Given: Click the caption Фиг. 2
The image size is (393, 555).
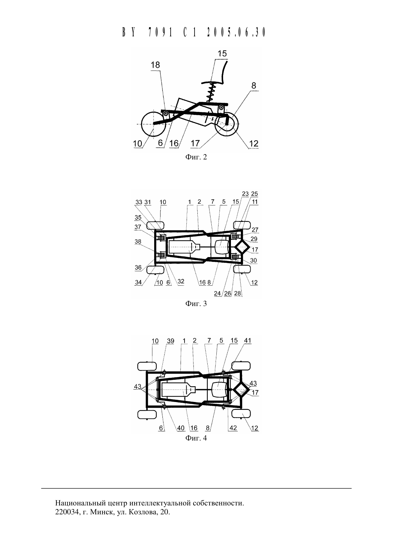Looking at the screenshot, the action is pos(196,157).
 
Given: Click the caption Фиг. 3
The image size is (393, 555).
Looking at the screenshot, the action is pos(196,304).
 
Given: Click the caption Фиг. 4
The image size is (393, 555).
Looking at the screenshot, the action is pos(196,438).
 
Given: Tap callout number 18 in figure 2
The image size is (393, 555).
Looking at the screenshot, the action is pos(155,65).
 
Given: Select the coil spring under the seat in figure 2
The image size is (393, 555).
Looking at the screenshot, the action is pos(211,92).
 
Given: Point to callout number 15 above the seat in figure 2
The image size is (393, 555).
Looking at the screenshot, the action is pos(222,54).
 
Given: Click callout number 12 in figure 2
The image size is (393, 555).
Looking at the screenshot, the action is pos(254,143).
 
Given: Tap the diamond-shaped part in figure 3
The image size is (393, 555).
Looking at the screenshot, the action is pos(242,248).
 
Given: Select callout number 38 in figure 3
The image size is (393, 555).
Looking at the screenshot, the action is pos(138,241).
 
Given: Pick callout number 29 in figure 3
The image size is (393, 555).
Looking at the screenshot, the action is pos(254,239).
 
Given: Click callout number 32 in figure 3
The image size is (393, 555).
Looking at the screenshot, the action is pos(181,281).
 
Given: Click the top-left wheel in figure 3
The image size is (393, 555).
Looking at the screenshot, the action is pos(156,225).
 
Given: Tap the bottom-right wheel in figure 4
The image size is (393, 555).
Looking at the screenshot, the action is pos(241,413).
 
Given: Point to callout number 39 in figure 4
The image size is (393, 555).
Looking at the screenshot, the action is pos(171,341).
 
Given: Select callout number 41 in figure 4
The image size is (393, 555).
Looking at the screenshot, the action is pos(247,341).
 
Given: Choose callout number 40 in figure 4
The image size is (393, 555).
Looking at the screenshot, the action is pos(181,428).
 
